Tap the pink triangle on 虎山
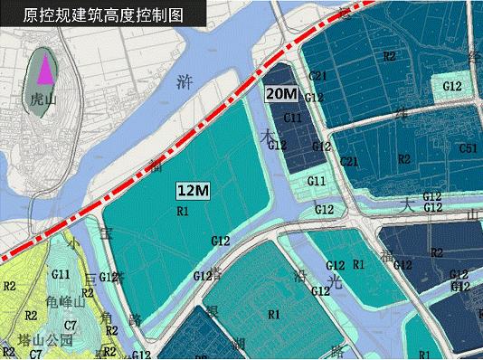(44, 69)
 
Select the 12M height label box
(193, 190)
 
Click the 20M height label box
(280, 93)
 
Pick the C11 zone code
(293, 118)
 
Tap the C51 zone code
(468, 147)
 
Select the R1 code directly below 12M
(182, 211)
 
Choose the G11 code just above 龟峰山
(62, 274)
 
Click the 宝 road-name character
(106, 233)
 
